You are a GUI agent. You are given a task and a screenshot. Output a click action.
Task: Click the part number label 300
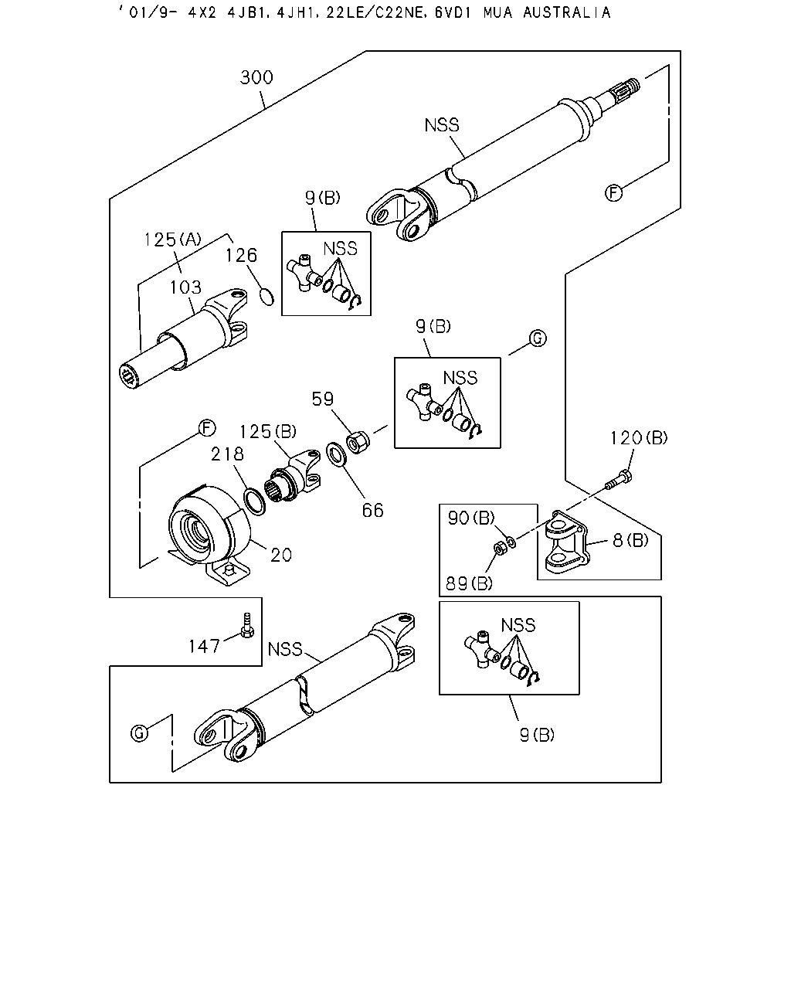click(256, 77)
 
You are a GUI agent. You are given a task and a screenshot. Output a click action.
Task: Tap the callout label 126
click(241, 256)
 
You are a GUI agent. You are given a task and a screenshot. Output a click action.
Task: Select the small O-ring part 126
click(266, 297)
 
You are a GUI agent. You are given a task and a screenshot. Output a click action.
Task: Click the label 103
click(185, 287)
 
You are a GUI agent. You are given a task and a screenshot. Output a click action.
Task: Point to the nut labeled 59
click(358, 442)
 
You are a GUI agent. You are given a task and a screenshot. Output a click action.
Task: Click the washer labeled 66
click(337, 454)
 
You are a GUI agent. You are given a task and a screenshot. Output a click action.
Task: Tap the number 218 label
click(227, 454)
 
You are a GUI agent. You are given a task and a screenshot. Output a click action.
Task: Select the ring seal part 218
click(254, 502)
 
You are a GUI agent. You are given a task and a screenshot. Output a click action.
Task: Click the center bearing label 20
click(281, 556)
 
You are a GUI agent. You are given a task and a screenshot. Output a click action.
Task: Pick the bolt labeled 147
click(247, 626)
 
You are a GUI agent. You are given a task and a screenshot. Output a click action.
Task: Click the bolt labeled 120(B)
click(619, 480)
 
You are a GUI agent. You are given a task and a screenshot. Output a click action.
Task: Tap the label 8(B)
click(630, 540)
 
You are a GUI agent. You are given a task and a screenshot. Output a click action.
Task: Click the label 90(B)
click(471, 518)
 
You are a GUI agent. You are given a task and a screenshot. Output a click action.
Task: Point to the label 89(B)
click(469, 583)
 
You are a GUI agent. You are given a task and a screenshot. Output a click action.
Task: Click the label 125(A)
click(172, 240)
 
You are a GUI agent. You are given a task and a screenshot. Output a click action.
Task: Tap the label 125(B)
click(268, 432)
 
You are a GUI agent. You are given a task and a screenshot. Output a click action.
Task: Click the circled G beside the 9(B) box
click(538, 338)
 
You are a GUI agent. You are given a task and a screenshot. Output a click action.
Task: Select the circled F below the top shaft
click(613, 192)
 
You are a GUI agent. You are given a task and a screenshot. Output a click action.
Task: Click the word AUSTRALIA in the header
click(567, 12)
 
